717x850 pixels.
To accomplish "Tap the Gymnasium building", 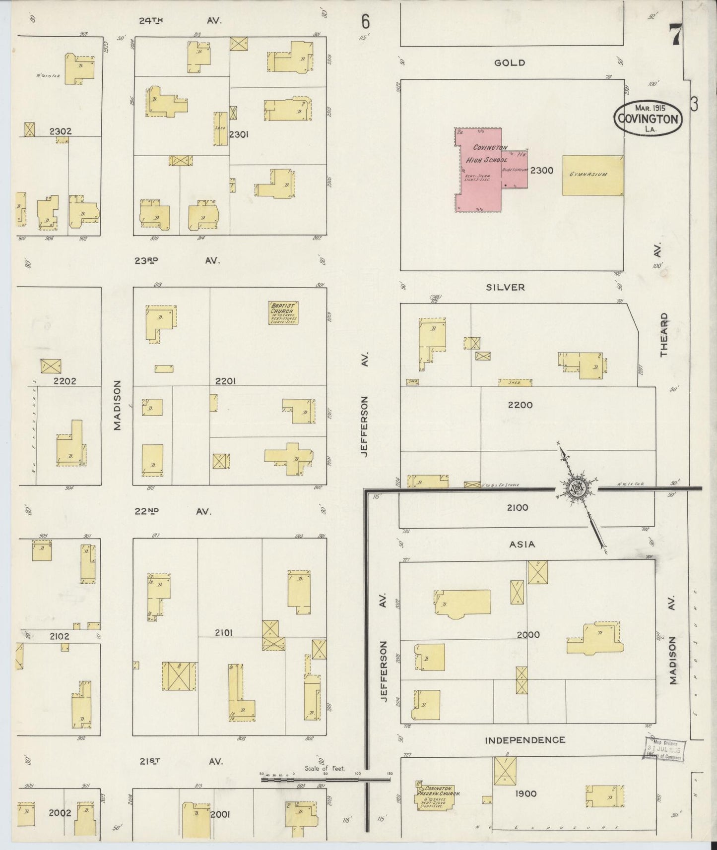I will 592,175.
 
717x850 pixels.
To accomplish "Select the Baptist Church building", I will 283,312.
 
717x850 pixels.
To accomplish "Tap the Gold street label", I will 510,63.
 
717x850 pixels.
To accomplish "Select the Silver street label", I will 506,287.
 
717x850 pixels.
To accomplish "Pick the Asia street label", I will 522,545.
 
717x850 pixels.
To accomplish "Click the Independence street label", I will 525,740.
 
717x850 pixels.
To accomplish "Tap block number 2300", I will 541,171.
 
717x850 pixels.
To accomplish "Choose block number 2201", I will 225,381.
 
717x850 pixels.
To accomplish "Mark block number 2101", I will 224,632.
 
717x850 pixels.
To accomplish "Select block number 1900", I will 525,793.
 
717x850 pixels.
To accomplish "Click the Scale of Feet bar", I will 326,779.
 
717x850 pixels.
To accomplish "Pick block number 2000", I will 528,634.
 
